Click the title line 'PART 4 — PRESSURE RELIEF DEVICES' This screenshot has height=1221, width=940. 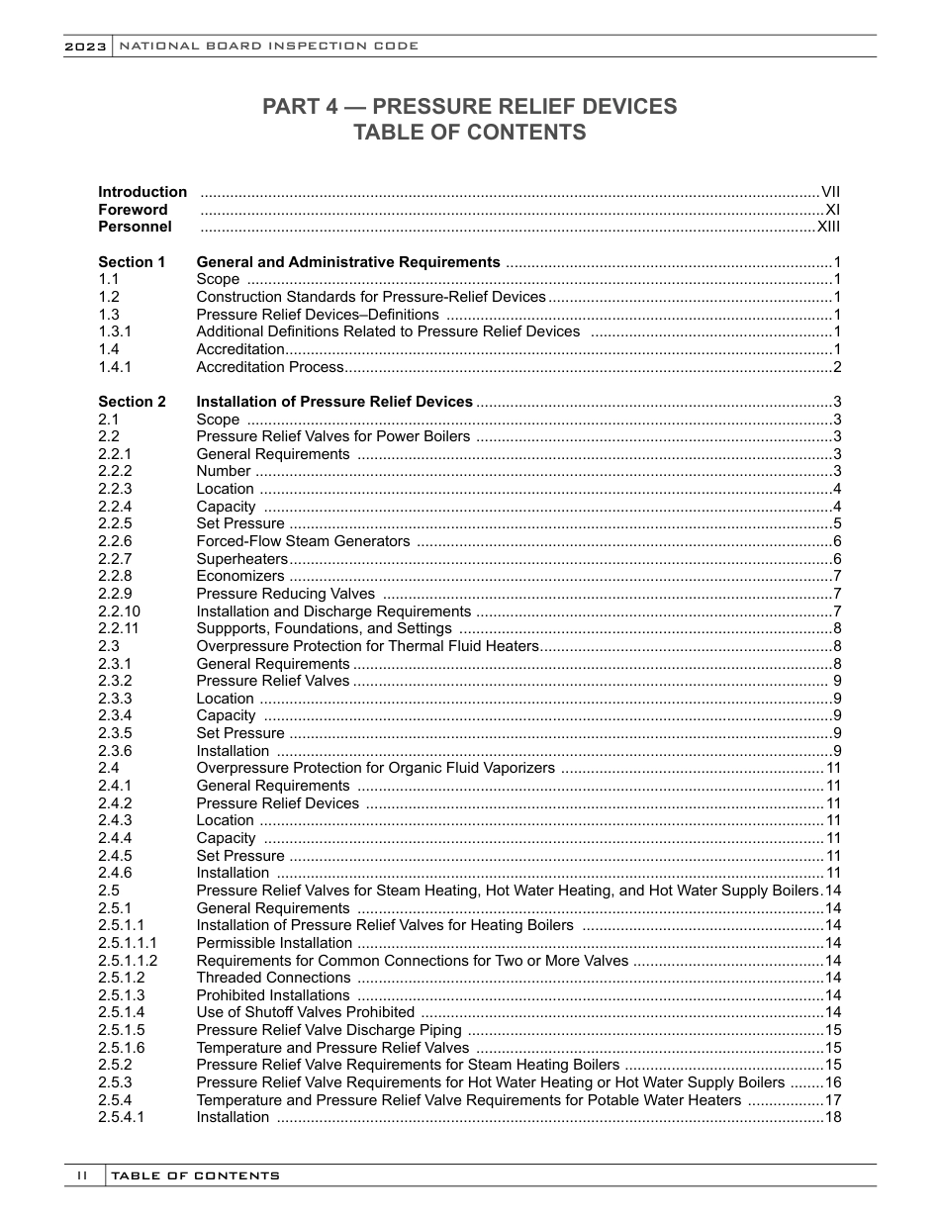point(469,107)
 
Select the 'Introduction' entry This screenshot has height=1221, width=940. point(141,192)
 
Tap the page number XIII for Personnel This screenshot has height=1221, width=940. point(828,227)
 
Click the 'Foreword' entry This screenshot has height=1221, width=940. point(133,210)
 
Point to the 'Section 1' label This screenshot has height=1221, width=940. point(132,262)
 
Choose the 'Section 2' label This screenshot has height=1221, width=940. point(132,402)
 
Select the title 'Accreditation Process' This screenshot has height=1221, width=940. point(269,367)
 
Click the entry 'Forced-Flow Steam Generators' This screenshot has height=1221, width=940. point(303,541)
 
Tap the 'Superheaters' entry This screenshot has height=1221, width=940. point(241,559)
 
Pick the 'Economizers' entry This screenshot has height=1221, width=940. point(240,576)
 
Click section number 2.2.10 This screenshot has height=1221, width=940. point(119,611)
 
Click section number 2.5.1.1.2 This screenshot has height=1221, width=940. point(128,960)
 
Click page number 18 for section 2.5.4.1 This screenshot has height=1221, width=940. point(832,1117)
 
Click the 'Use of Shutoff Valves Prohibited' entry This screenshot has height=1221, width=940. point(305,1012)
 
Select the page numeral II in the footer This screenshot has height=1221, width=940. point(83,1175)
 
